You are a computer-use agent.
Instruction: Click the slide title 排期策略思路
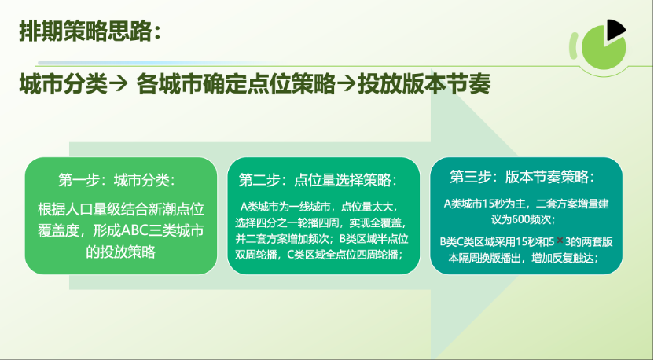[86, 31]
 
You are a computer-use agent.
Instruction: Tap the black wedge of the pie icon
[615, 30]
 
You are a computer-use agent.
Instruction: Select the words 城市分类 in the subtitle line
[64, 83]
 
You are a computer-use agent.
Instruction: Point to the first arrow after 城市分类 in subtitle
[119, 84]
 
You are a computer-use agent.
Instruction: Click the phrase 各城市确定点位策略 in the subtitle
[236, 83]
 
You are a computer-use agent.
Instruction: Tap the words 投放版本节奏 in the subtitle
[424, 83]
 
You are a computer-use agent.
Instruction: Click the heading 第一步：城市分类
[117, 180]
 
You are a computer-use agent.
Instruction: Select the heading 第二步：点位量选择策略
[318, 180]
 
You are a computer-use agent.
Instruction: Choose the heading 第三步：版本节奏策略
[522, 176]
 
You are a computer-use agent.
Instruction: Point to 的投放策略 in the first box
[120, 252]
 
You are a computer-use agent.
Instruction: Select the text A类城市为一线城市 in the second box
[285, 207]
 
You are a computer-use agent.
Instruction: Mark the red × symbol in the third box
[560, 241]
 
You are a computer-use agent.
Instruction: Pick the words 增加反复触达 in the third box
[562, 259]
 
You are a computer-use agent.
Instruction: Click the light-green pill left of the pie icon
[574, 45]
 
